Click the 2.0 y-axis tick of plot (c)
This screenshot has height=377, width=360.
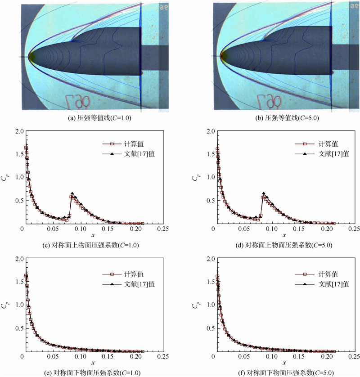coord(18,131)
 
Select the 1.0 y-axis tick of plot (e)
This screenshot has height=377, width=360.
coord(18,305)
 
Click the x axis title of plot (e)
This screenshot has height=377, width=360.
coord(93,363)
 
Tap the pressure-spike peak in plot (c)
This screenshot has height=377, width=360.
coord(72,193)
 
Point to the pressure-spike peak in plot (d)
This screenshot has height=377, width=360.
coord(264,193)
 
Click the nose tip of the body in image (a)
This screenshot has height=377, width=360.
coord(29,57)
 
